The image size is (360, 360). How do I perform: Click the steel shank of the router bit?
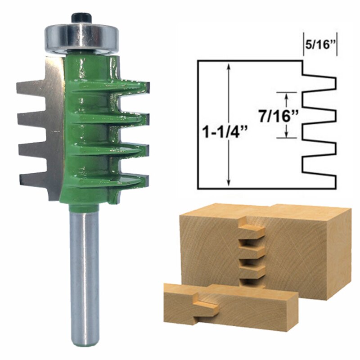[84, 274]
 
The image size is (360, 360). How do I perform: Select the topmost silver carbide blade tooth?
[31, 87]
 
